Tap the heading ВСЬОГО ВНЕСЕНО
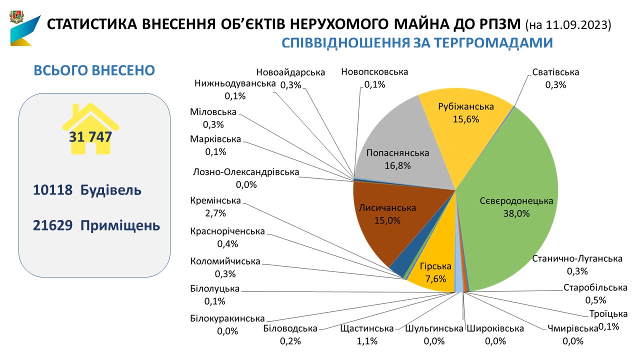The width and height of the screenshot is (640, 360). click(x=94, y=70)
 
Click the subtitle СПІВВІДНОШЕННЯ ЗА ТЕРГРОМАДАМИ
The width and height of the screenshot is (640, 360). click(x=417, y=43)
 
